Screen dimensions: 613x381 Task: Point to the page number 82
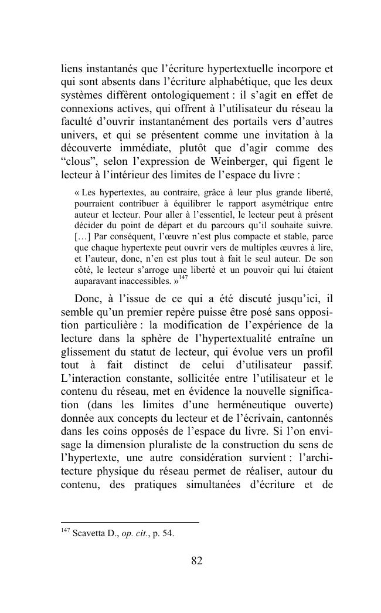click(196, 561)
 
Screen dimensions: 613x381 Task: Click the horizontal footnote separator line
click(130, 522)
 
